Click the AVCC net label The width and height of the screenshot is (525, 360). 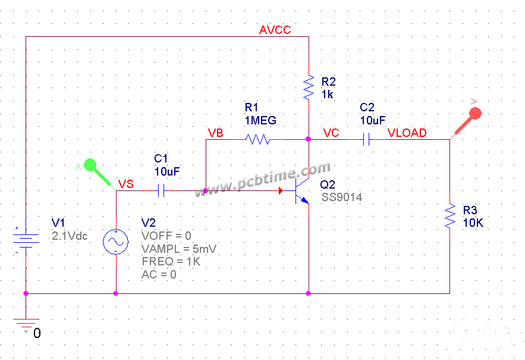point(275,30)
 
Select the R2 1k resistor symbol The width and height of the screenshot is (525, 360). point(309,87)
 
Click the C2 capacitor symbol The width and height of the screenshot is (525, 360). point(367,140)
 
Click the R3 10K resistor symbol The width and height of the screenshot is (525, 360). point(449,217)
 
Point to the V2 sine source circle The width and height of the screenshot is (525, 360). point(115,242)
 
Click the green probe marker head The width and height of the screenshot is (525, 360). point(90,165)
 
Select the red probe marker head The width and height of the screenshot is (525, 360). point(474,114)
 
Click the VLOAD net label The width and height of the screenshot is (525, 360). point(407,133)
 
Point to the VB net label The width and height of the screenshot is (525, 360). point(215,133)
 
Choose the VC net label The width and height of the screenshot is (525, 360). point(331,133)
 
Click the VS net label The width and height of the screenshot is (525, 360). point(126,184)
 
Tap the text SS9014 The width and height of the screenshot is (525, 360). point(342,197)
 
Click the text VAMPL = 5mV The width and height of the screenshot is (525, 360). point(179,249)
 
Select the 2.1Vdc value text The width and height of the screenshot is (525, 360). point(70,236)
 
